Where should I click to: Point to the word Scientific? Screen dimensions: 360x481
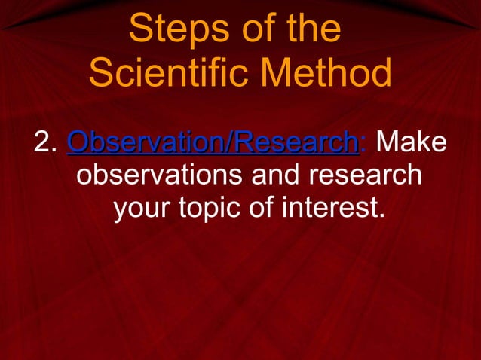(x=179, y=74)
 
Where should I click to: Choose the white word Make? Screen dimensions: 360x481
(x=411, y=142)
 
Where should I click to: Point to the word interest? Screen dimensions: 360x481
(x=328, y=210)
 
